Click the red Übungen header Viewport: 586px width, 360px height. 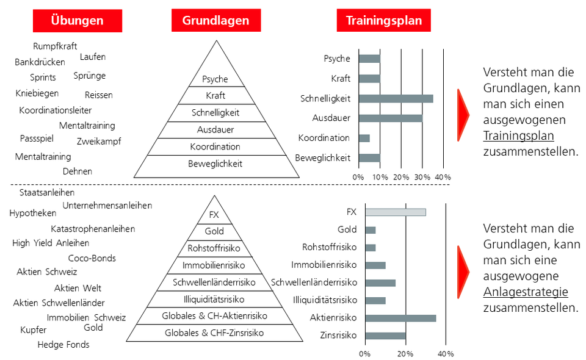click(77, 21)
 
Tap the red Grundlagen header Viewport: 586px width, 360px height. click(215, 21)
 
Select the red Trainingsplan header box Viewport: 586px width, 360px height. click(383, 21)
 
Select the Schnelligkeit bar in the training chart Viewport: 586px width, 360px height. click(396, 98)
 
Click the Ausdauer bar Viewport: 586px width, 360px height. click(390, 118)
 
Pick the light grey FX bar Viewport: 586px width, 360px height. click(395, 212)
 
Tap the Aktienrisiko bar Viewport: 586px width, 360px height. click(400, 318)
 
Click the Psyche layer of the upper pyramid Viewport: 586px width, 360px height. click(215, 79)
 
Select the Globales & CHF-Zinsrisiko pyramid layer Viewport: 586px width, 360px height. click(214, 333)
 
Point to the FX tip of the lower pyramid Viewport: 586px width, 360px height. click(214, 215)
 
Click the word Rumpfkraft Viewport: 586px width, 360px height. click(55, 46)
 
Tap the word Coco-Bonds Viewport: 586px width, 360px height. click(92, 258)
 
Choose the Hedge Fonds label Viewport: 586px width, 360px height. click(63, 345)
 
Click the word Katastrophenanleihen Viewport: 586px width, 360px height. click(93, 229)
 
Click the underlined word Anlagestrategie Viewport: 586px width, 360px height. click(525, 292)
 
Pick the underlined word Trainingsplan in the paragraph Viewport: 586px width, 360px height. click(518, 135)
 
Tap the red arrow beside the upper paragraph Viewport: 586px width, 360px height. click(463, 114)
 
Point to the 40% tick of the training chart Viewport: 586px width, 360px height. click(443, 177)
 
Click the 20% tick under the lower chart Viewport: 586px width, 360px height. click(405, 354)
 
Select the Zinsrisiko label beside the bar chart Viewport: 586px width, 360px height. click(338, 335)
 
